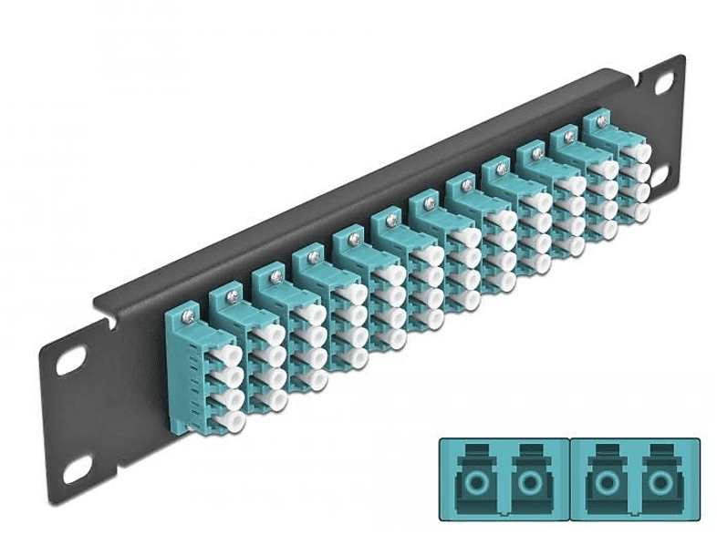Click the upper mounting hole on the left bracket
[x=70, y=359]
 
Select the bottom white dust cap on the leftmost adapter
[x=231, y=420]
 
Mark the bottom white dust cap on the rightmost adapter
[x=640, y=212]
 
